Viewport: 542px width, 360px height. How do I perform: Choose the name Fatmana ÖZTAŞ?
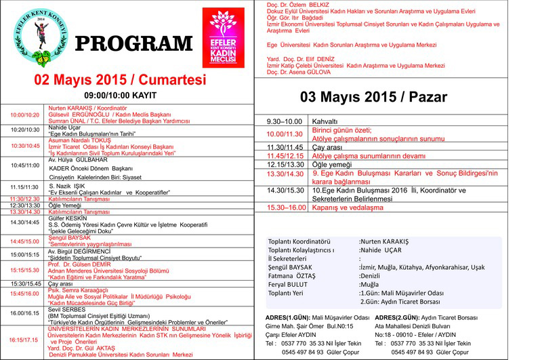pos(292,276)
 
